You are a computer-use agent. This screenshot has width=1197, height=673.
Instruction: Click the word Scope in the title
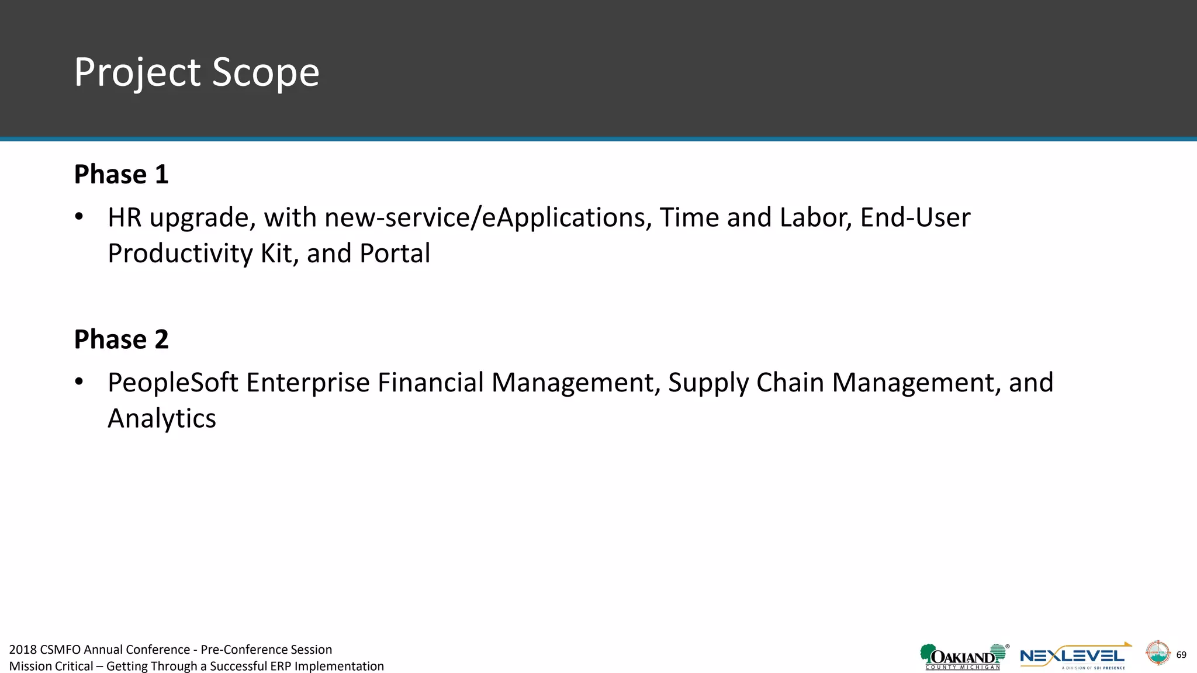pos(265,73)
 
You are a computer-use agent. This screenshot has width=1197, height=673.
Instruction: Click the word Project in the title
pos(137,73)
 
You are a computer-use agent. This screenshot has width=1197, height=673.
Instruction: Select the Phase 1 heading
pos(121,175)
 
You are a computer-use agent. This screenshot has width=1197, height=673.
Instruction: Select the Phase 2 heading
pos(121,339)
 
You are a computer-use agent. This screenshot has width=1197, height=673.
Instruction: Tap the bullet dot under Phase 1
pos(79,217)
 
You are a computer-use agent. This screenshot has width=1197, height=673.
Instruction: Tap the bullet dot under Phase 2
pos(79,383)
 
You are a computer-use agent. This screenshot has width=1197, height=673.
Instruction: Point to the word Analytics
pos(162,419)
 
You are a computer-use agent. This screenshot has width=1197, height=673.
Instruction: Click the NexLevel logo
pos(1074,657)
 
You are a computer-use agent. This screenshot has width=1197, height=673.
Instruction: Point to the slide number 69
pos(1181,655)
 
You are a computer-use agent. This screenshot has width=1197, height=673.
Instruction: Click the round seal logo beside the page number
pos(1157,653)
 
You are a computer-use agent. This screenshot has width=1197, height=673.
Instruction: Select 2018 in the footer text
pos(23,650)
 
